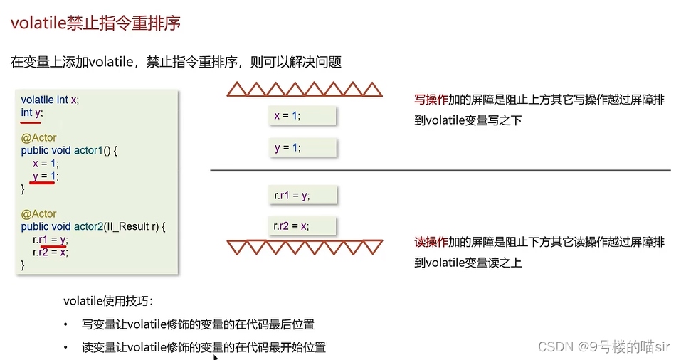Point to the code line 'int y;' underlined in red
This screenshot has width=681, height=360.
(x=32, y=112)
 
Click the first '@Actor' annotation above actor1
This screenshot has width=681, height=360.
(x=39, y=137)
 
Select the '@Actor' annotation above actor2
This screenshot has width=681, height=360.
(x=39, y=213)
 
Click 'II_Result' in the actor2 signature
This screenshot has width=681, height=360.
(x=125, y=226)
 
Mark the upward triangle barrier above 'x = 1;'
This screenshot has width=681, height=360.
(x=304, y=89)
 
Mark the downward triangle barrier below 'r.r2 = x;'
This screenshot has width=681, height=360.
(x=304, y=248)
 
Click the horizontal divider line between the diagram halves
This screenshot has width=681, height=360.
(x=440, y=171)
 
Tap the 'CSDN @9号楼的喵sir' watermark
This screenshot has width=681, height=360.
(x=604, y=346)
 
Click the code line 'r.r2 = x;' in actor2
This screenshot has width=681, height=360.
(x=51, y=252)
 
